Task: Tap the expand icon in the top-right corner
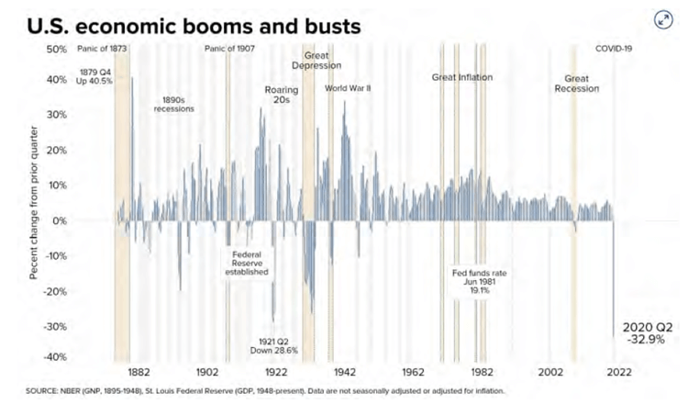click(661, 20)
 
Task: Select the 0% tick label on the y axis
click(60, 221)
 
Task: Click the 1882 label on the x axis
click(139, 373)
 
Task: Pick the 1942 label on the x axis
click(344, 373)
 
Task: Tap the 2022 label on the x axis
click(617, 373)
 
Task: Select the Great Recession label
click(575, 84)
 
